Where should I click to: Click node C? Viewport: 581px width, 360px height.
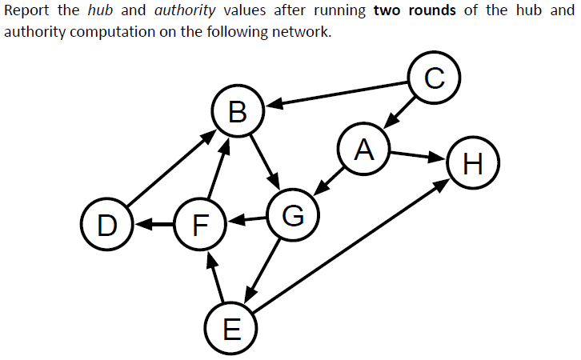(433, 78)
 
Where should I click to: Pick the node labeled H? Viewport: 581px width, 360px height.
(473, 164)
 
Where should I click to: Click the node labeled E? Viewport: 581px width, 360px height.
(230, 328)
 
